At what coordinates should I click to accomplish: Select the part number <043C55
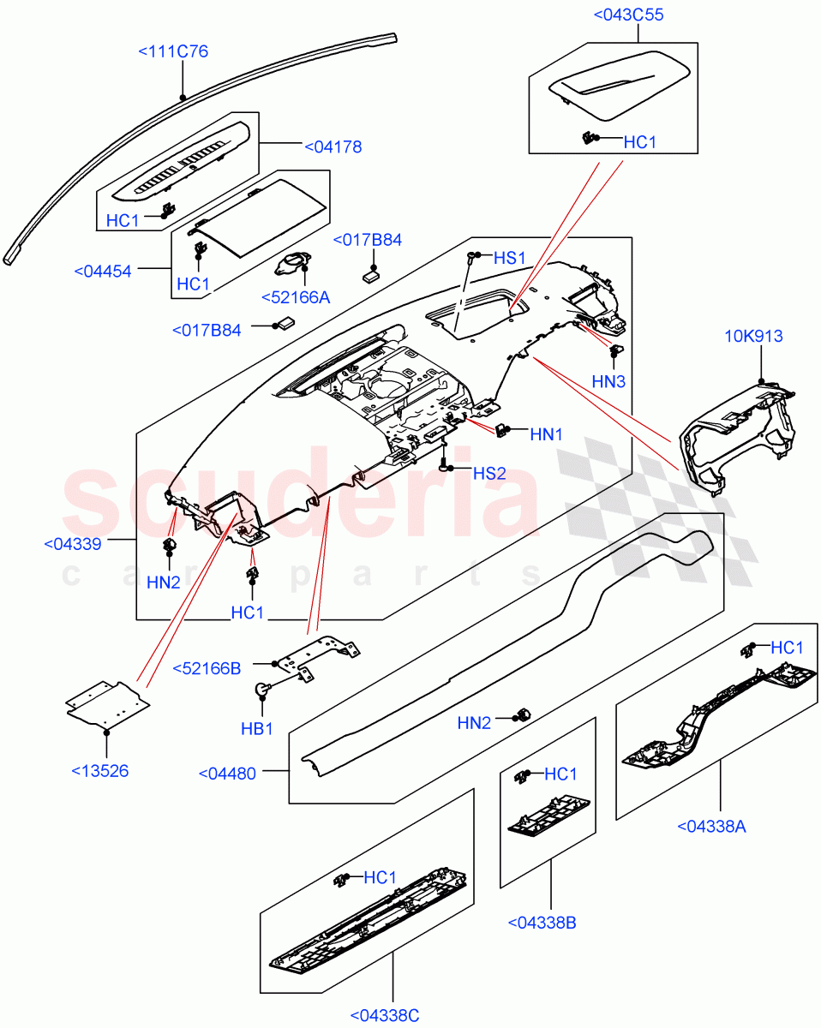pos(628,15)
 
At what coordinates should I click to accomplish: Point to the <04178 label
pos(333,147)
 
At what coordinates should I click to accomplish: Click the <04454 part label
pos(103,272)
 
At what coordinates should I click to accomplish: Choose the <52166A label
pos(296,296)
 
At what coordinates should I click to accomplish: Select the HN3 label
pos(608,380)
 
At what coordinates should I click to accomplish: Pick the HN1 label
pos(546,434)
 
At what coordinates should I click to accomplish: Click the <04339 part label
pos(73,543)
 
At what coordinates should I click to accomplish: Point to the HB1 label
pos(256,728)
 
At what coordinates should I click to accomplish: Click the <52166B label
pos(207,668)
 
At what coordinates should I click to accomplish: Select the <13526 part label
pos(99,770)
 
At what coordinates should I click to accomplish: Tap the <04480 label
pos(227,773)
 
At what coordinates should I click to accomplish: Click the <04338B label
pos(541,923)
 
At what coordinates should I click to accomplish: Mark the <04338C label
pos(385,1015)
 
